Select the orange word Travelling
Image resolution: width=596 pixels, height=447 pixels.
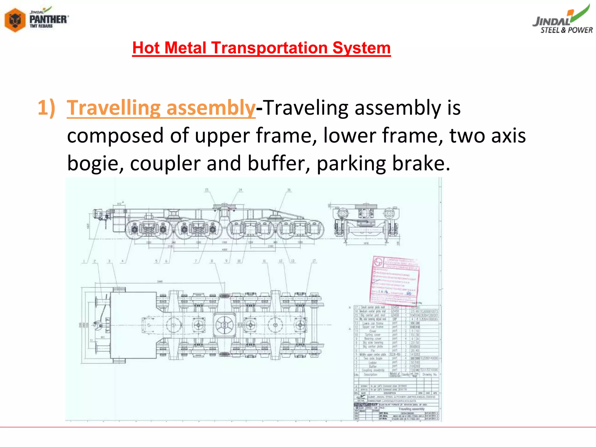click(x=113, y=108)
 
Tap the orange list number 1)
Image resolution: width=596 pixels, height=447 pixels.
click(x=46, y=108)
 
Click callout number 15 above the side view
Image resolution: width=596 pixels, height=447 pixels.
click(x=206, y=190)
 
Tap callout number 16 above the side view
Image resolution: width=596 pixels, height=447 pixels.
click(x=289, y=190)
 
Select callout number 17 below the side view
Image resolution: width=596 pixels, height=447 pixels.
click(x=314, y=261)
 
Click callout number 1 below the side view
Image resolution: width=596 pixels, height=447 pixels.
click(x=84, y=261)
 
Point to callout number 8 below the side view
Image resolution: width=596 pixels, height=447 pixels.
click(x=212, y=261)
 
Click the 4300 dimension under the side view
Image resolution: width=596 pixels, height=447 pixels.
click(x=224, y=249)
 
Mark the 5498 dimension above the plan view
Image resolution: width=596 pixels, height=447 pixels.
click(x=160, y=281)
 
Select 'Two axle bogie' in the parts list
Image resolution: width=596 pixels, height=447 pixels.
click(x=373, y=358)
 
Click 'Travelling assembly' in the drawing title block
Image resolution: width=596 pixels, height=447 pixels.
click(x=411, y=409)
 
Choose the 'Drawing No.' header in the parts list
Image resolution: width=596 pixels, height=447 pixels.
click(x=430, y=375)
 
